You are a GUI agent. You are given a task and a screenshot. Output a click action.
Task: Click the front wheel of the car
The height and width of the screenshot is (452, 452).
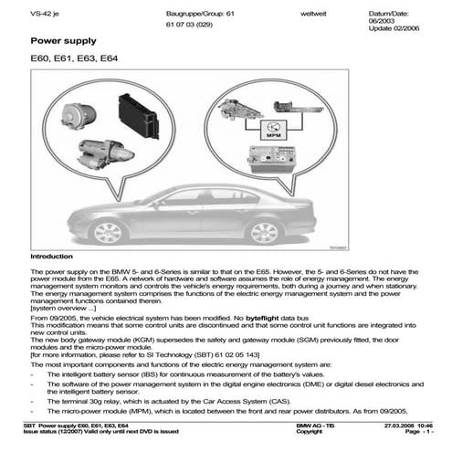pyautogui.click(x=109, y=231)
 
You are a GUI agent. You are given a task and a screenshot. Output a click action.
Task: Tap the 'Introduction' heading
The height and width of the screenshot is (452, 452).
pyautogui.click(x=51, y=258)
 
